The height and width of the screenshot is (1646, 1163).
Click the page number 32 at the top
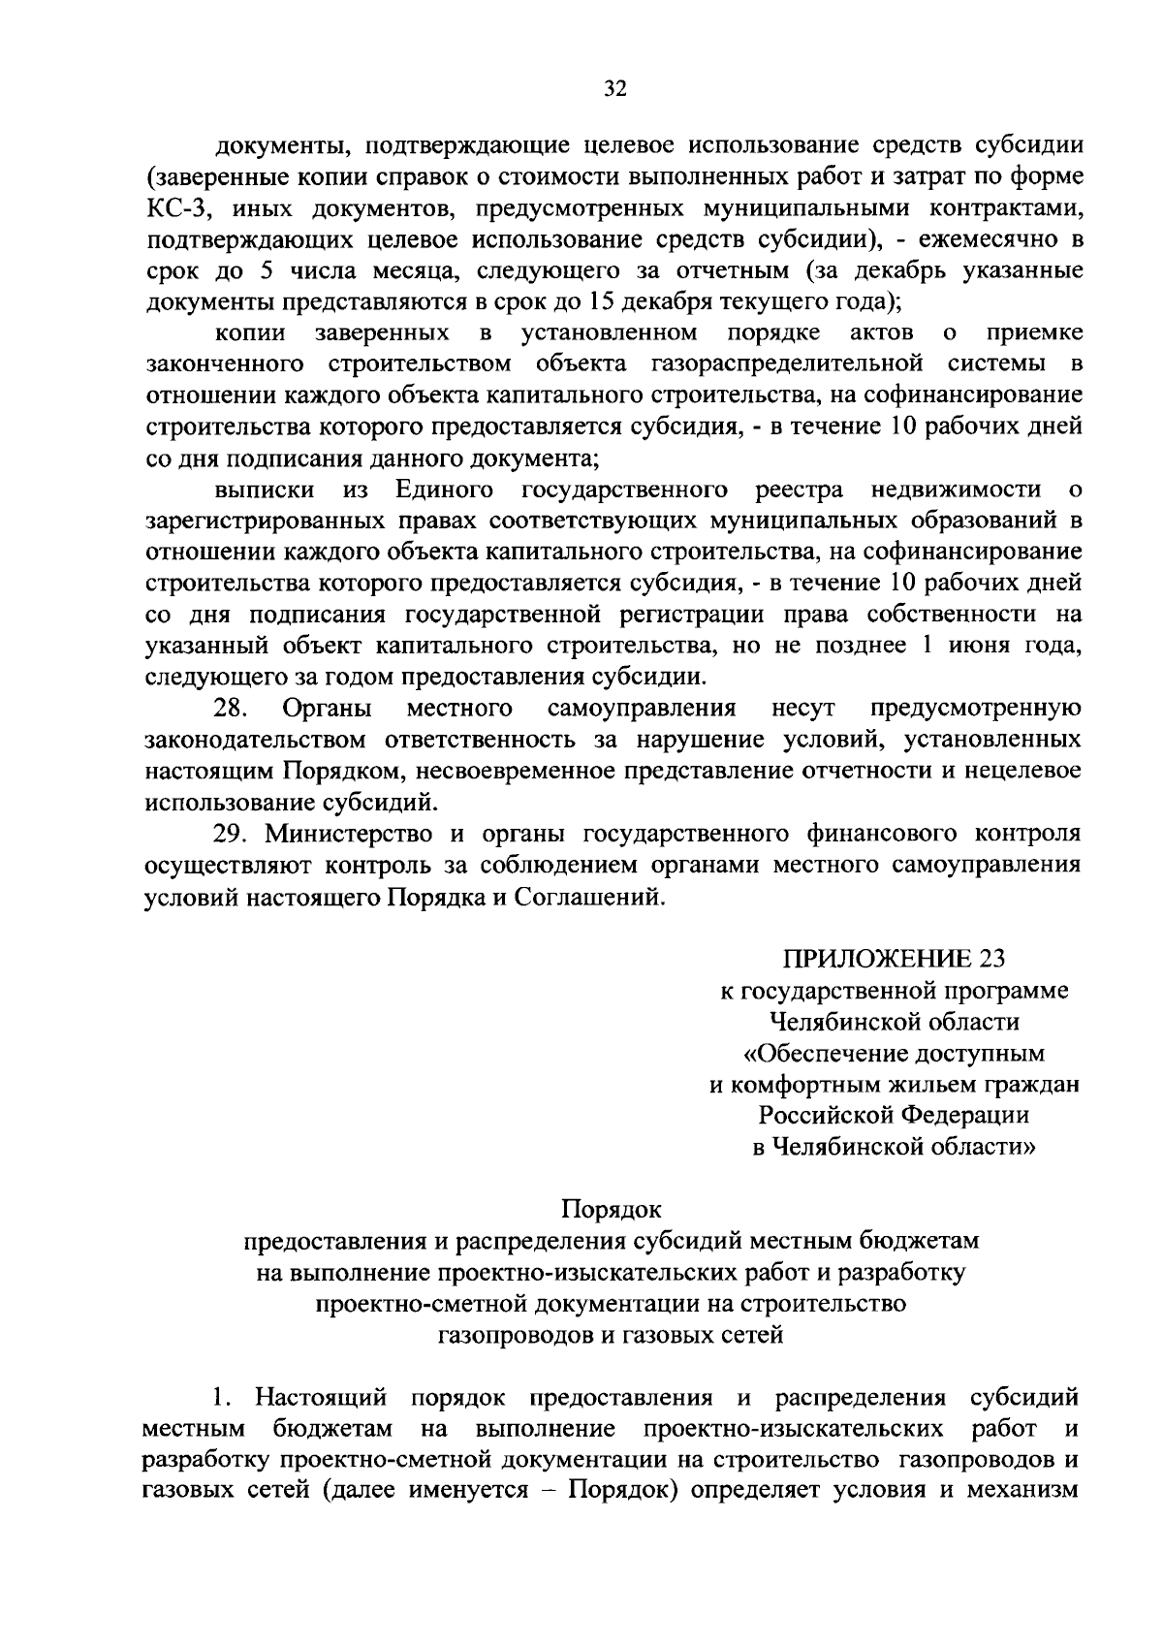[615, 89]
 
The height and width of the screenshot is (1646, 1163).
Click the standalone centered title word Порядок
[611, 1209]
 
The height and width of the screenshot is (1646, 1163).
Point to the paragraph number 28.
[232, 709]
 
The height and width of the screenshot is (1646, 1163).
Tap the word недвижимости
[956, 490]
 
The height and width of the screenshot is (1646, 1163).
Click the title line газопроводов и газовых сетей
[611, 1335]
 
